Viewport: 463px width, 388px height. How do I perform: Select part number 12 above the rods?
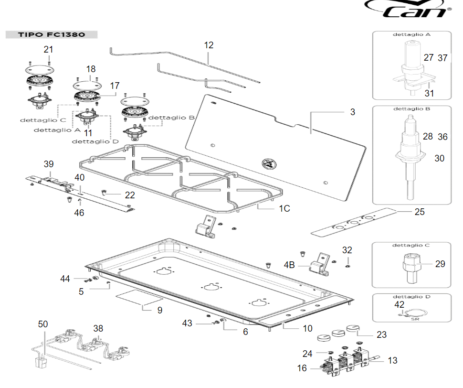click(x=209, y=45)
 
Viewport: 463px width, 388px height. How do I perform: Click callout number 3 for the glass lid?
click(x=352, y=112)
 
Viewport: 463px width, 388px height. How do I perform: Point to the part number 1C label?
click(x=284, y=208)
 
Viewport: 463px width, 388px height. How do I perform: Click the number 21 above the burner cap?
click(x=49, y=49)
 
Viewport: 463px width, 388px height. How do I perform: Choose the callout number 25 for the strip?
click(x=419, y=212)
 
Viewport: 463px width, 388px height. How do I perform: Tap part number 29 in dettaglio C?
click(x=440, y=264)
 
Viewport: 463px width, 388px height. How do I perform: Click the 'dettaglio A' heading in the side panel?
click(x=411, y=35)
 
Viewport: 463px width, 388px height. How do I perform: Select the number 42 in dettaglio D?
click(x=399, y=304)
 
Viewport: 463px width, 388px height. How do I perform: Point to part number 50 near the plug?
click(x=43, y=324)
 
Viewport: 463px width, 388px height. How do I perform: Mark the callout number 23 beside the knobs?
click(x=381, y=335)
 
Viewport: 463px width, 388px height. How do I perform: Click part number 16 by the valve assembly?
click(x=302, y=368)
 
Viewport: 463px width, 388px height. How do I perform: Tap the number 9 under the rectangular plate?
click(x=159, y=310)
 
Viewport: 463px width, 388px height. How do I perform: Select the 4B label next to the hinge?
click(x=290, y=264)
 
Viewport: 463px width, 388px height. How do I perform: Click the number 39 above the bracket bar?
click(x=49, y=164)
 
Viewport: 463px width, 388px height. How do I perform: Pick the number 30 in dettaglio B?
click(x=439, y=158)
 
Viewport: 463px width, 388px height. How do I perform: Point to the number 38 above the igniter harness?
click(x=98, y=328)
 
